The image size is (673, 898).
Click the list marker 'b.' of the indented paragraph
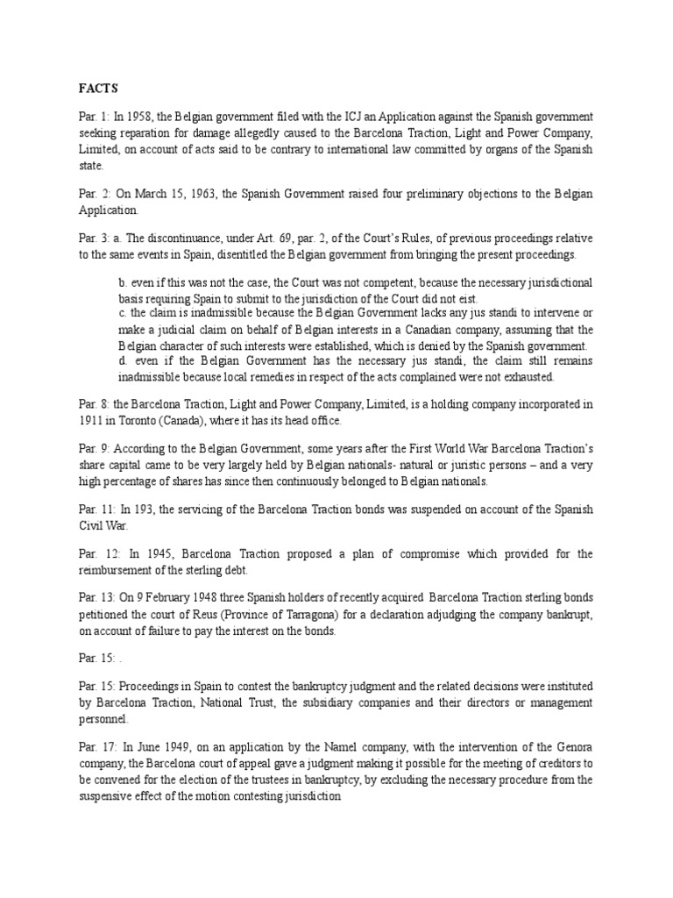point(123,283)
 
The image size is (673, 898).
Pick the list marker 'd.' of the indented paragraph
point(123,361)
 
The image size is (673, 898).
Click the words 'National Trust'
point(197,702)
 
